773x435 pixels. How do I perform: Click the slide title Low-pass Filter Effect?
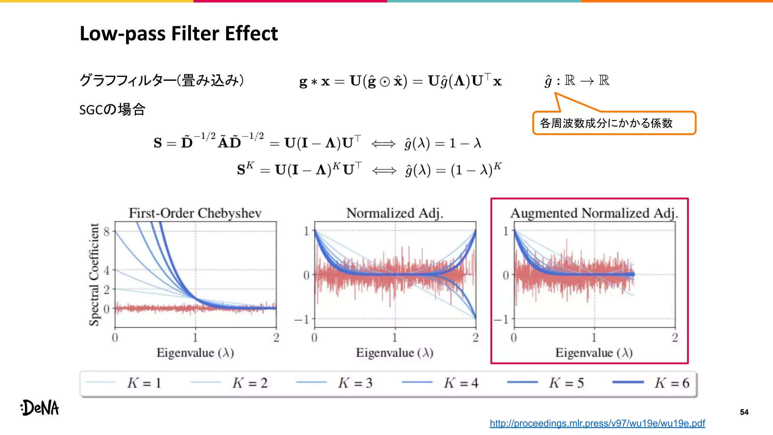point(179,34)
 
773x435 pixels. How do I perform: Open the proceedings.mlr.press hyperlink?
point(597,423)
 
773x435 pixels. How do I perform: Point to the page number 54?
point(744,412)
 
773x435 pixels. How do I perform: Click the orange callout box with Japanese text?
point(614,123)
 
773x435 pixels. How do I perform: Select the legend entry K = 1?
point(144,383)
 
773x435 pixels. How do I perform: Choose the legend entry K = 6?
point(671,383)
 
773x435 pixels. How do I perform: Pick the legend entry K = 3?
point(355,383)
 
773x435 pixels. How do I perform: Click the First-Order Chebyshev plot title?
point(195,213)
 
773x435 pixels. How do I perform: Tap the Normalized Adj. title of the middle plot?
point(394,213)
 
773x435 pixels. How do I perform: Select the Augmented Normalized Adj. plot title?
point(594,213)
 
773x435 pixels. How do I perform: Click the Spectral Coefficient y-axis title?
point(94,275)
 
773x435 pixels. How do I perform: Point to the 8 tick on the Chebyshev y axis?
point(107,231)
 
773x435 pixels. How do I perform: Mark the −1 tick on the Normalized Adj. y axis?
point(302,319)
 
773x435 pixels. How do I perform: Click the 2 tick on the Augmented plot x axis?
point(675,337)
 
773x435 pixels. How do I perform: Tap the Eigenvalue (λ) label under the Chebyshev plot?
point(195,353)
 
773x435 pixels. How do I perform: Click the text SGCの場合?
point(112,110)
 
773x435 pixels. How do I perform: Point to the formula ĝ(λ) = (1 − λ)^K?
point(453,170)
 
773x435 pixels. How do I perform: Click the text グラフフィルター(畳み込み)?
point(162,80)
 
